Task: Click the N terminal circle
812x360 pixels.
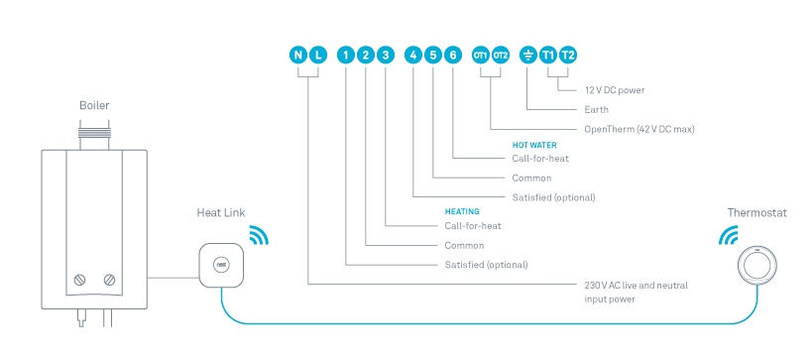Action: coord(298,55)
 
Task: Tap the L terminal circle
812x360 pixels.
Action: coord(318,55)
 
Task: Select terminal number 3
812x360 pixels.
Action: coord(386,55)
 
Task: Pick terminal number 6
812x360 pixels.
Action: coord(452,55)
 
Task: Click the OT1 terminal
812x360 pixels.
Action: coord(481,55)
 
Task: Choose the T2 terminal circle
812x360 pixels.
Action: coord(568,55)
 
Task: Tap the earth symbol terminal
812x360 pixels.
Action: coord(527,55)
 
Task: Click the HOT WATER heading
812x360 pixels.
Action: coord(534,146)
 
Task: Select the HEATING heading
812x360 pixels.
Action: coord(462,212)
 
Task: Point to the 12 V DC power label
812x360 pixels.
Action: coord(615,90)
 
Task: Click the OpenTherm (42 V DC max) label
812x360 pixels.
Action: coord(639,130)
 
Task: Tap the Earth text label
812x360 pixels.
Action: coord(597,110)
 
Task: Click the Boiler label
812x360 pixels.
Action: coord(94,106)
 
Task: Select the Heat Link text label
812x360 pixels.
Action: coord(221,213)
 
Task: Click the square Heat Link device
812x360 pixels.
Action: coord(221,265)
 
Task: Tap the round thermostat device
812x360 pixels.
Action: coord(757,265)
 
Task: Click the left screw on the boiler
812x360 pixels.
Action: coord(79,281)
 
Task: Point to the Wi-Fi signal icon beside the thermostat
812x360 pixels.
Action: coord(728,235)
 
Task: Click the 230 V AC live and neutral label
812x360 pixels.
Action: coord(637,286)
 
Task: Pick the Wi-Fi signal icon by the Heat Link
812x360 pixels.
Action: coord(259,235)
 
